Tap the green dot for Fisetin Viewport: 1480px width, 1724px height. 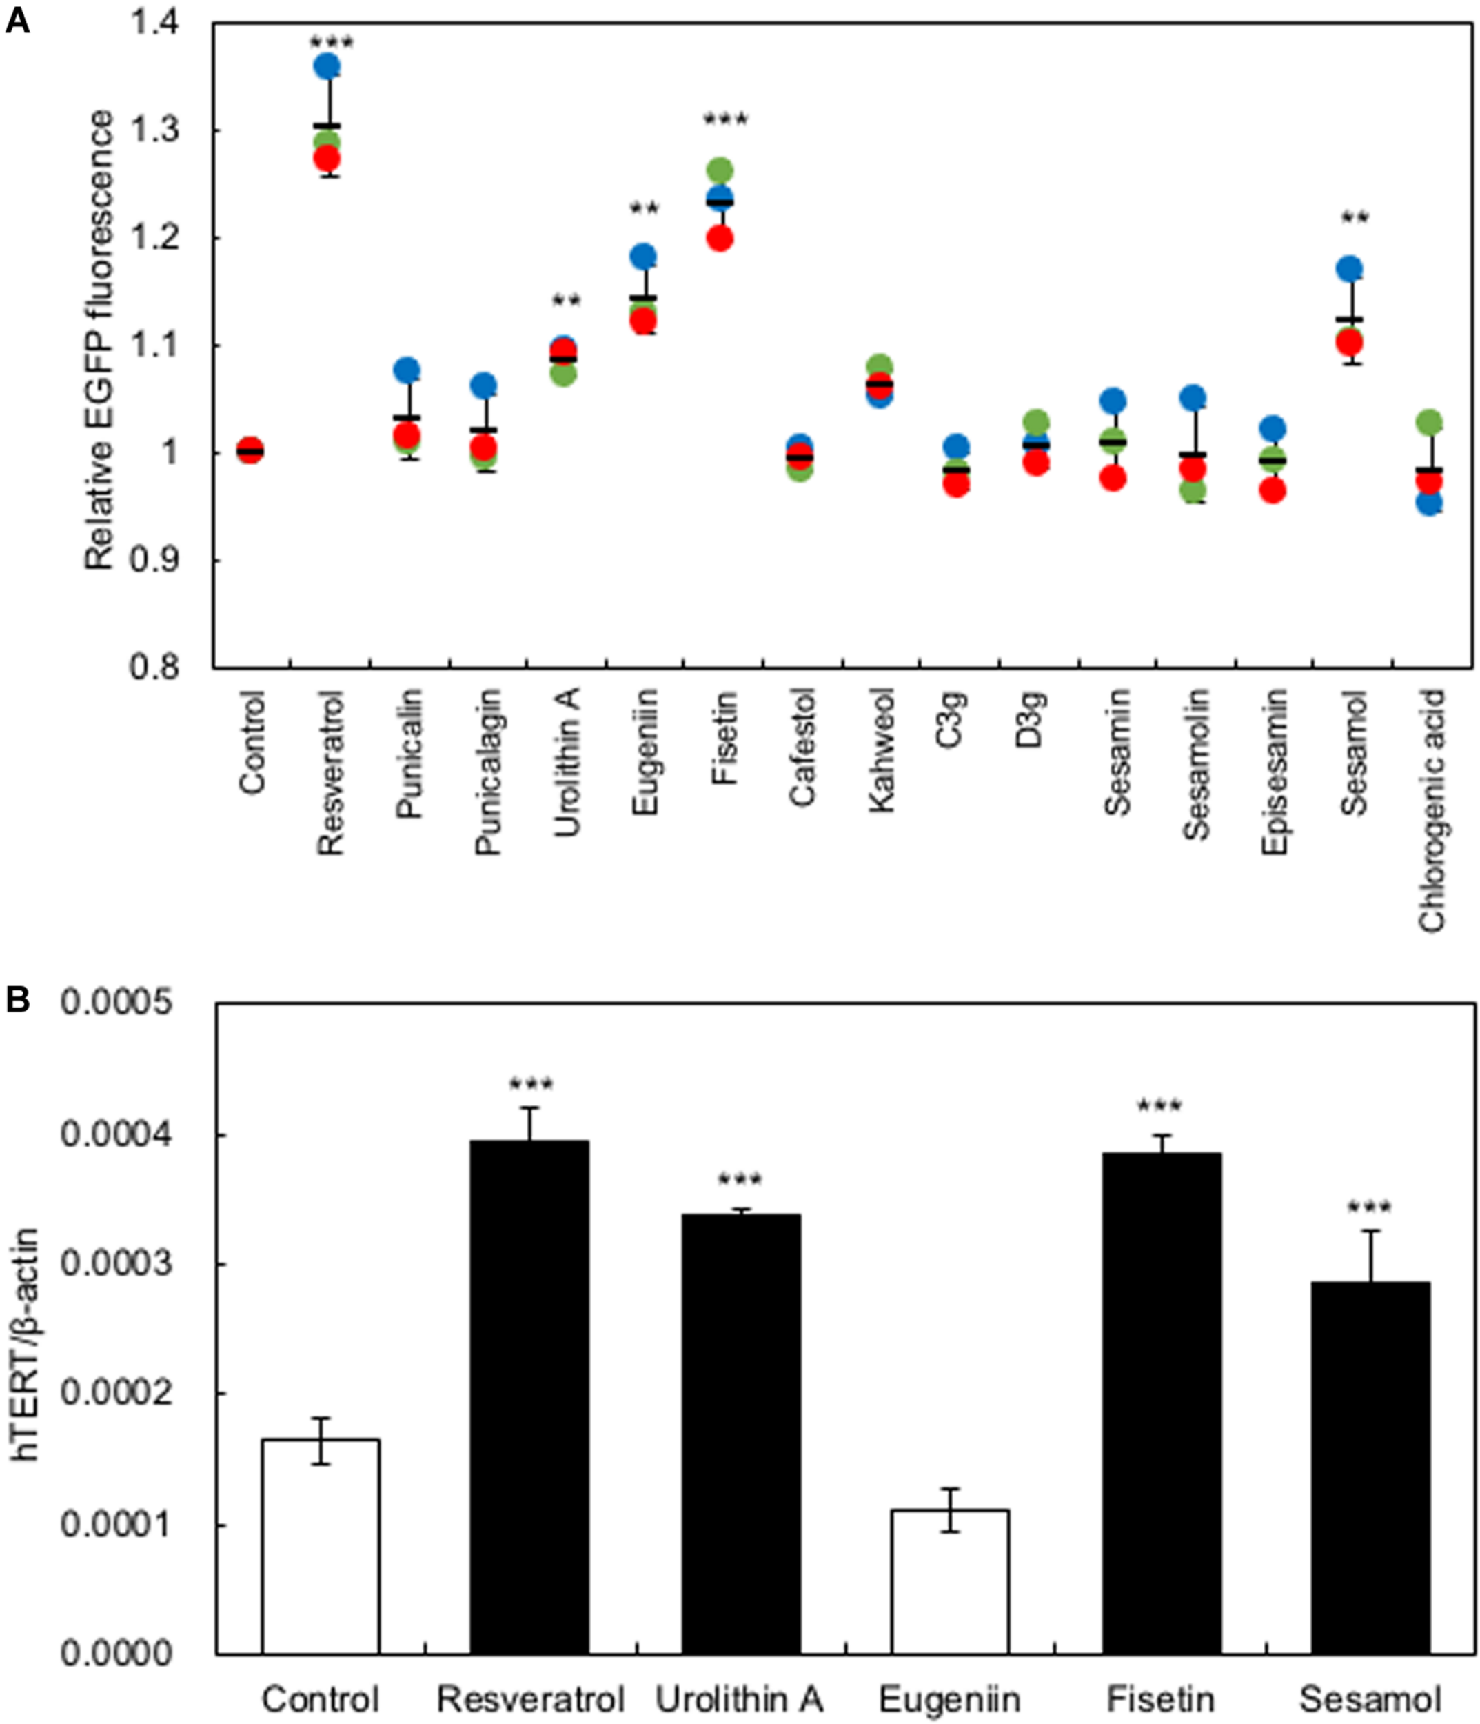click(x=720, y=170)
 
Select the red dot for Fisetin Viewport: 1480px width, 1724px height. click(x=720, y=239)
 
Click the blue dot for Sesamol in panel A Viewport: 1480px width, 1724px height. click(x=1350, y=269)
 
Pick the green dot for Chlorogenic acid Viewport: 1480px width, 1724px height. click(x=1428, y=422)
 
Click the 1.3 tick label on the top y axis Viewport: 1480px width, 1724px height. click(x=154, y=130)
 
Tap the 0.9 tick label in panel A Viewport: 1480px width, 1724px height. click(x=154, y=560)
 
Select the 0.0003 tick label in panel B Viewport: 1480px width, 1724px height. click(x=116, y=1264)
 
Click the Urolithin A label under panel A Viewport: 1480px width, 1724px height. click(x=567, y=763)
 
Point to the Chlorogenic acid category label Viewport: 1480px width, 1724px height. click(x=1432, y=810)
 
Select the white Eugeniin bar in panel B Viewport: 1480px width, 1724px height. click(x=949, y=1581)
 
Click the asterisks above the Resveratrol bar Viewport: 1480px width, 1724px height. click(x=531, y=1085)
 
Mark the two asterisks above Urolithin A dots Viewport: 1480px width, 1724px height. click(x=567, y=301)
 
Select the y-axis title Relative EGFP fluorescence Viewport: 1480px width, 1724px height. click(x=99, y=340)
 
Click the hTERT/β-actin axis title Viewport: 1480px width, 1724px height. click(x=27, y=1345)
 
